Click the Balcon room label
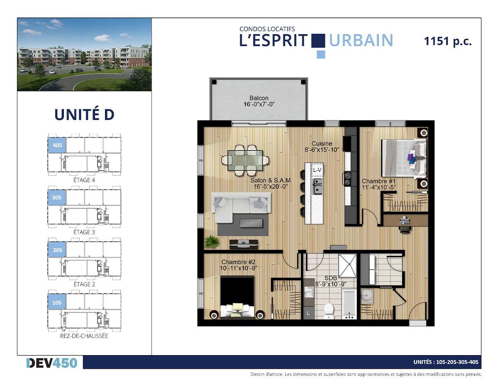(x=259, y=98)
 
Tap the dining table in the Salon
(x=245, y=160)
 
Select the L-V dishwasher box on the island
(x=317, y=170)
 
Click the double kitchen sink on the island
(x=317, y=186)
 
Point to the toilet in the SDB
(x=329, y=311)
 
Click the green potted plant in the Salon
(x=211, y=242)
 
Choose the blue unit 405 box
(x=57, y=145)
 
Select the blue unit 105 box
(x=57, y=302)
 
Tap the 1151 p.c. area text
(x=448, y=42)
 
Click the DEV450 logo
(x=52, y=363)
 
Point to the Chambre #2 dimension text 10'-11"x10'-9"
(x=238, y=268)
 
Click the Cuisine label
(x=322, y=144)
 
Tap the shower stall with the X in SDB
(x=347, y=265)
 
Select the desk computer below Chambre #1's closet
(x=405, y=221)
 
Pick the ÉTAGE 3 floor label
(x=84, y=232)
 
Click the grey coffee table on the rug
(x=251, y=223)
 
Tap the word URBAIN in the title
(x=361, y=41)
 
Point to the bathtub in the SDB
(x=349, y=304)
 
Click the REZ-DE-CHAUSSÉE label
(x=84, y=336)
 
